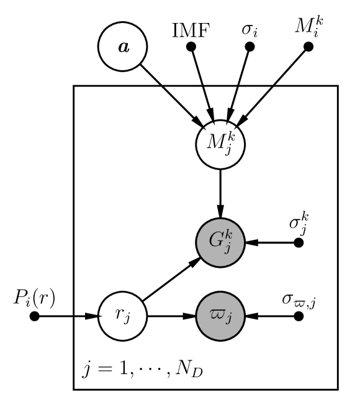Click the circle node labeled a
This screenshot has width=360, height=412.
click(x=125, y=47)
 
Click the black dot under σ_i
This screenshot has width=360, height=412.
click(x=249, y=47)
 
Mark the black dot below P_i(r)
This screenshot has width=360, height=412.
click(x=35, y=316)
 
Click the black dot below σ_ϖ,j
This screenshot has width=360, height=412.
click(x=299, y=316)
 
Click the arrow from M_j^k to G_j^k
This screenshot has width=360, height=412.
click(x=218, y=193)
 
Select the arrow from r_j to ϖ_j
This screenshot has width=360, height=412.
click(x=171, y=316)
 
